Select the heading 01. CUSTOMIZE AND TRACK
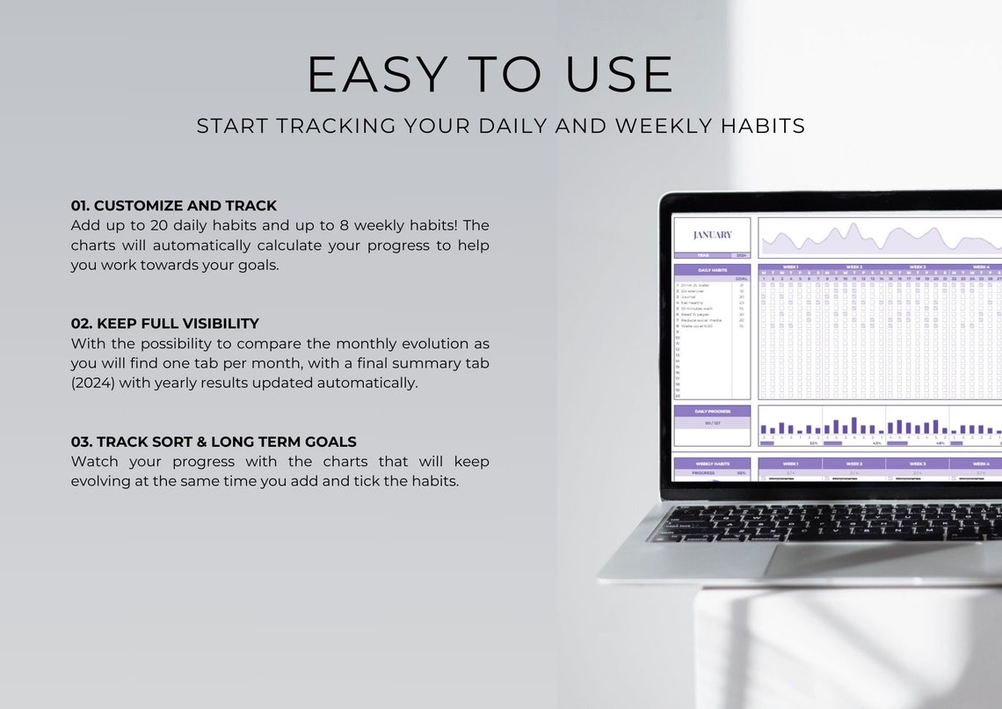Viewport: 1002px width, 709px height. [174, 206]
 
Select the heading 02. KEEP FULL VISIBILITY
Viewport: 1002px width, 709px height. [165, 324]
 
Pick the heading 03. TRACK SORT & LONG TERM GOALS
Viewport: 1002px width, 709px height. [214, 442]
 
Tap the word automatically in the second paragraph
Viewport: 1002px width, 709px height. [362, 383]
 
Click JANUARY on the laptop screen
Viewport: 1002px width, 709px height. [712, 235]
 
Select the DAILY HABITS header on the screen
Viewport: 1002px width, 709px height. [712, 270]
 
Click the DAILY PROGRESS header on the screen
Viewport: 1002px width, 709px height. [712, 411]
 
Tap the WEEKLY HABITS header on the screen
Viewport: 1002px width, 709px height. [712, 464]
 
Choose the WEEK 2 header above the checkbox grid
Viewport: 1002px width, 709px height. [853, 267]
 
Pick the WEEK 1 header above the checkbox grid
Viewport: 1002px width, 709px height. [790, 267]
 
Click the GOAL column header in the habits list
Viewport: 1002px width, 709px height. [741, 278]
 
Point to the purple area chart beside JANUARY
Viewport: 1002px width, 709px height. [879, 238]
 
